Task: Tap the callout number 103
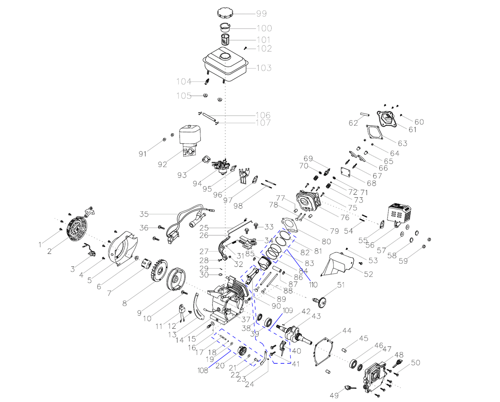(x=264, y=68)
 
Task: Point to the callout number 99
(x=262, y=14)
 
